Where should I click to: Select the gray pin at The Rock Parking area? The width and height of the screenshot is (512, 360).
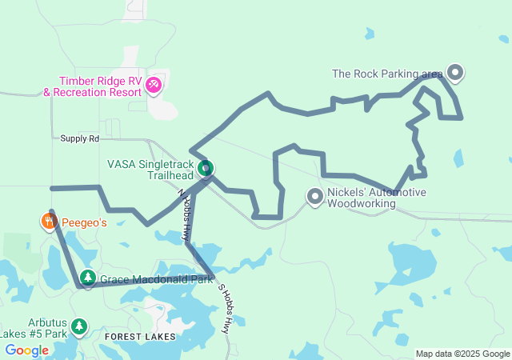coord(455,74)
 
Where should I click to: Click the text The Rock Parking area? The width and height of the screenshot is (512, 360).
coord(387,74)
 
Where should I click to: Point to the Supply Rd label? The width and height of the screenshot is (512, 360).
coord(79,138)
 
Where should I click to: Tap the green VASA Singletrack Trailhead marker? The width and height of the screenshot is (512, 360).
coord(206,168)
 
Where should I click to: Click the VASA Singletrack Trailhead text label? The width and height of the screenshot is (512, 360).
coord(150,169)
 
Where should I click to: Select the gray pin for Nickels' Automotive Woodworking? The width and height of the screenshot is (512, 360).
coord(315,195)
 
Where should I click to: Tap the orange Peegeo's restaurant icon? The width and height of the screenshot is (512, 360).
coord(49,222)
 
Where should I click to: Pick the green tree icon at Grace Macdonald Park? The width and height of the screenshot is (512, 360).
coord(88,278)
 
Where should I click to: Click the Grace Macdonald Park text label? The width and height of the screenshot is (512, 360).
coord(156,280)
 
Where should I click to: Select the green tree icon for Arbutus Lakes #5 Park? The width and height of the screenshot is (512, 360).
coord(78,326)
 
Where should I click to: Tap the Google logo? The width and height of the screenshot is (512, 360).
coord(26,350)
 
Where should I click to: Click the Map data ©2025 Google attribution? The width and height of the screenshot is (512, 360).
coord(462,354)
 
